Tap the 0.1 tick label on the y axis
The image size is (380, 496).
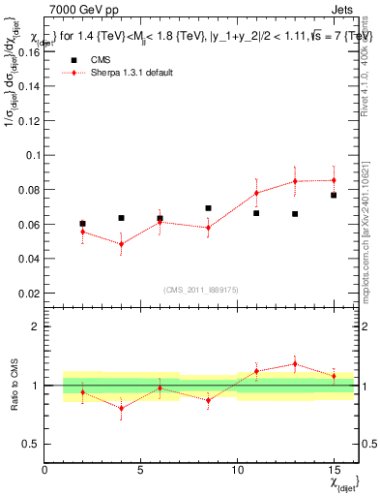31,155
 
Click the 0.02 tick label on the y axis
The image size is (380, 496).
28,294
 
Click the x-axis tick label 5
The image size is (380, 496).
140,470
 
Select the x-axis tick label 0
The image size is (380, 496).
44,470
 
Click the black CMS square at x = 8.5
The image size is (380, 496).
208,208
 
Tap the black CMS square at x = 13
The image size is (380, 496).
295,214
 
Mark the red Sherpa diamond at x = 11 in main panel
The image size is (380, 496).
256,193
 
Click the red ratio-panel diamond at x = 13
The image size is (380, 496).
295,364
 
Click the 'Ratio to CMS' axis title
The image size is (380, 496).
13,385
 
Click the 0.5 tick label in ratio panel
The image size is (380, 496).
30,444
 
